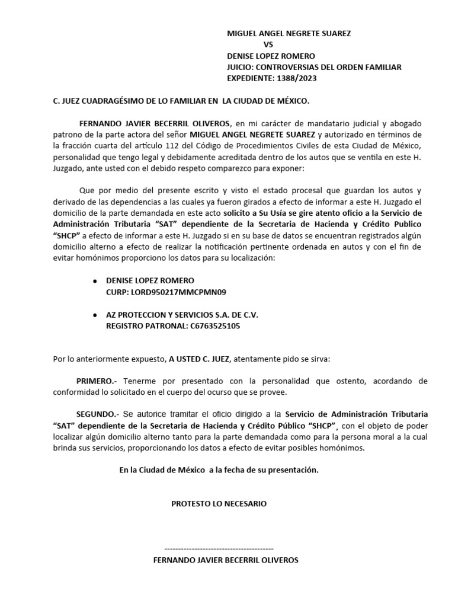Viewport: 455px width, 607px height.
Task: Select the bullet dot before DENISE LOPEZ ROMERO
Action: click(x=97, y=281)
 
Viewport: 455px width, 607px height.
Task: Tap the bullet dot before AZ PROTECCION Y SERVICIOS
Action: click(x=97, y=315)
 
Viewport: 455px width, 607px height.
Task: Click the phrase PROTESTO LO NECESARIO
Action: click(x=219, y=504)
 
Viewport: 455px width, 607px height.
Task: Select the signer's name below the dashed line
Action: click(x=226, y=560)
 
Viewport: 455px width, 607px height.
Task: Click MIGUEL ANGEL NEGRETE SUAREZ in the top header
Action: click(x=289, y=34)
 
